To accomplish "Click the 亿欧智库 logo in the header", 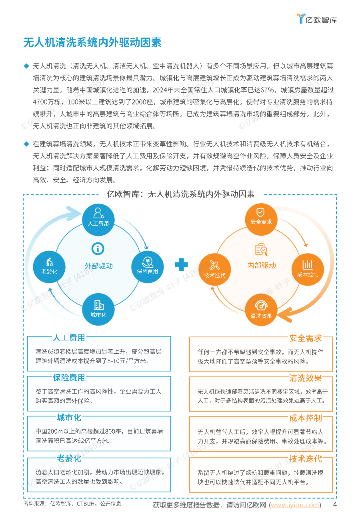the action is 317,19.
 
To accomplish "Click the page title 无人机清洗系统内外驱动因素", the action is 92,42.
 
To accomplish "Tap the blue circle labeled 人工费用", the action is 98,220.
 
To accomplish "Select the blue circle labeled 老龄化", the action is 49,267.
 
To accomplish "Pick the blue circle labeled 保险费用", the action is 147,267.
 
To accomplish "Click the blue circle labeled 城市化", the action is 98,309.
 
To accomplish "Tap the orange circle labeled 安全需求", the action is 261,219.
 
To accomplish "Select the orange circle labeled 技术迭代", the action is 215,269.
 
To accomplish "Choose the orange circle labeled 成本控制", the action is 308,269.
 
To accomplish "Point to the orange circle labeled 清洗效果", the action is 261,310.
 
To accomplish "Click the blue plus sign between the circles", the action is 181,265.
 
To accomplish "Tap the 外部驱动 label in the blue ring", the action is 99,266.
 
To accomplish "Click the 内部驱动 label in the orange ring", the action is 262,265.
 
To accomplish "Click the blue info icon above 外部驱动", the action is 98,249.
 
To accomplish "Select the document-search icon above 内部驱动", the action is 261,249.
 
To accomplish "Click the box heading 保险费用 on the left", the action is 69,378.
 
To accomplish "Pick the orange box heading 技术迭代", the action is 306,459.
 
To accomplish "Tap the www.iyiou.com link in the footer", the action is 295,505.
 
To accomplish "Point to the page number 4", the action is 335,504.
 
